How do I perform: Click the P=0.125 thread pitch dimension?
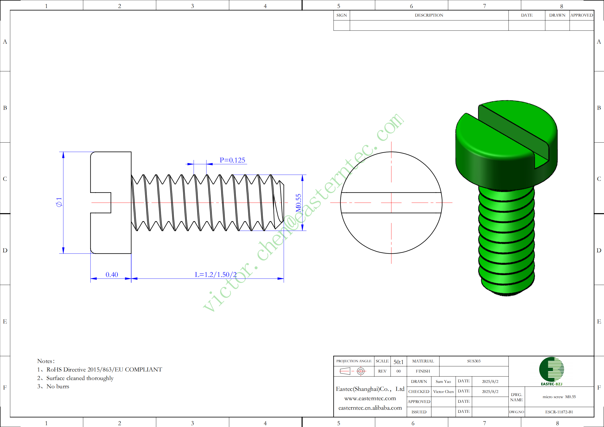tap(232, 160)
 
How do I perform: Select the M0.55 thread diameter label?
tap(298, 203)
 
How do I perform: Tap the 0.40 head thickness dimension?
tap(112, 275)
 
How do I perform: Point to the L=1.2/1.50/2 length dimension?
tap(215, 275)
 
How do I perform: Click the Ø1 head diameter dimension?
tap(59, 202)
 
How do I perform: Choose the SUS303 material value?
tap(474, 361)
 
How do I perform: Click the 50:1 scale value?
tap(399, 362)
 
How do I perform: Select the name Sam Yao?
tap(443, 382)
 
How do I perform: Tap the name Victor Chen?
tap(444, 392)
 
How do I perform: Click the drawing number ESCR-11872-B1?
tap(559, 412)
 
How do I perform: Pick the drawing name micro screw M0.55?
tap(559, 397)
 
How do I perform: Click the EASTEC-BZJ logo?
tap(552, 371)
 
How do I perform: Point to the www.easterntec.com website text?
tap(370, 398)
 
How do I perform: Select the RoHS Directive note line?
tap(100, 369)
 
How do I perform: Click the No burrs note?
tap(53, 386)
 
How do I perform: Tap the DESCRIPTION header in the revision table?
tap(429, 15)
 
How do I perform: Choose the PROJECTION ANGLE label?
tap(354, 361)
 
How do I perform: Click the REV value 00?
tap(399, 371)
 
